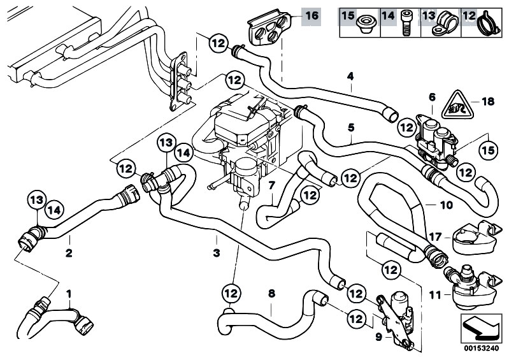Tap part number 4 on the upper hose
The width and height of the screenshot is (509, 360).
350,78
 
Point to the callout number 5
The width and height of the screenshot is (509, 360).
350,127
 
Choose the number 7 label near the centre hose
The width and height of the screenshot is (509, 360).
271,185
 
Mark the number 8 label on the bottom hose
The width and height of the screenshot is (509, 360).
271,294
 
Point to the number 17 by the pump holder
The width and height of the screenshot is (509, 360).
434,236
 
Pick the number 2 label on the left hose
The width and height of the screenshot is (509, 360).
68,252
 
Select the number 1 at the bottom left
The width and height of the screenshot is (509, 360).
69,294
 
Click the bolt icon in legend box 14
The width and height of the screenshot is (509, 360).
406,22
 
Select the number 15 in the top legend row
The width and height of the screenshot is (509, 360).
348,14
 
